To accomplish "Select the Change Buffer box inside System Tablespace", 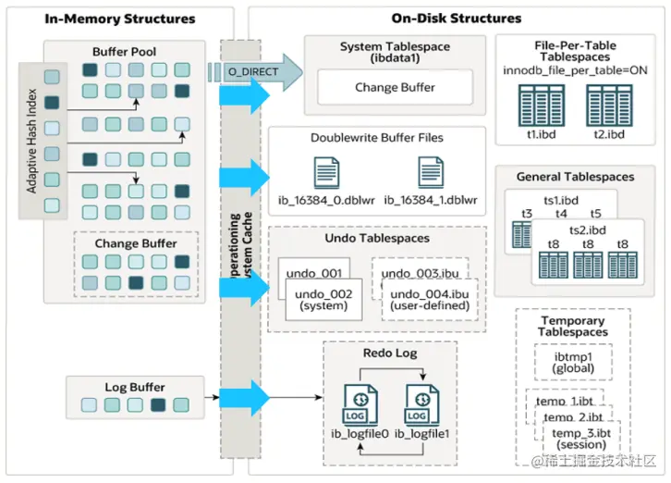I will click(395, 88).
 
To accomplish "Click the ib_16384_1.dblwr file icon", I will click(431, 173).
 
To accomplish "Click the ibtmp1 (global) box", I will click(572, 363).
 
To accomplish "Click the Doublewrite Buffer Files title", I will click(376, 138).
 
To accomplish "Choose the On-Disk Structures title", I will click(457, 19).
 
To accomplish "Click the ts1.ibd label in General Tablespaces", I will click(561, 199).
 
